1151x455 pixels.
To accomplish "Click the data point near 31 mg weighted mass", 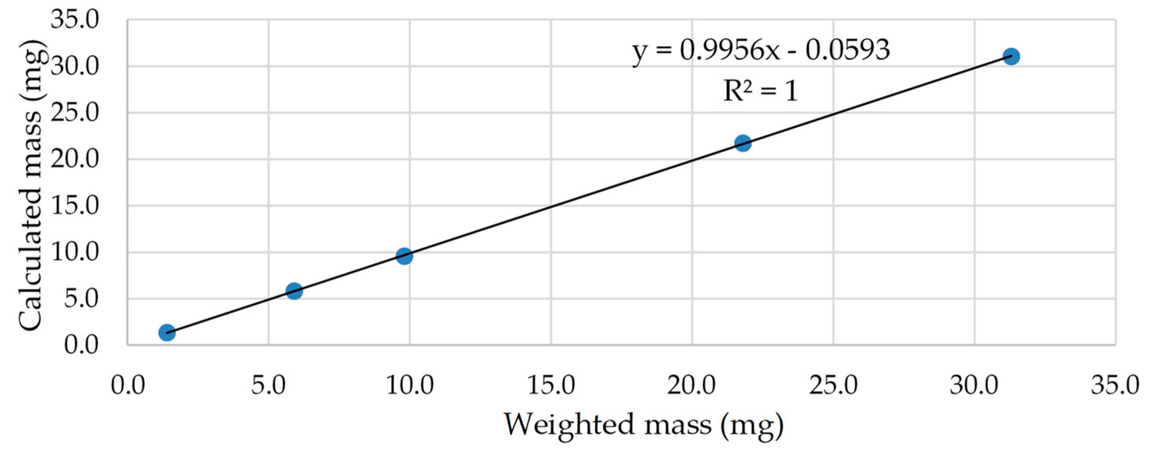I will (1011, 57).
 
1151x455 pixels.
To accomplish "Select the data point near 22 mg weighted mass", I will (743, 143).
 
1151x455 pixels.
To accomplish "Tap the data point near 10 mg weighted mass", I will (404, 256).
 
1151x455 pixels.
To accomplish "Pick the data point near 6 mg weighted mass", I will (294, 291).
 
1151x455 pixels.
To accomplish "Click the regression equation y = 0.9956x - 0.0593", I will (761, 50).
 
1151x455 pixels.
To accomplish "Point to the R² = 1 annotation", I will (760, 91).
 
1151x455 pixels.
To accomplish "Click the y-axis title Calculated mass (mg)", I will (30, 185).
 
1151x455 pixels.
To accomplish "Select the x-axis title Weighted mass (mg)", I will (644, 425).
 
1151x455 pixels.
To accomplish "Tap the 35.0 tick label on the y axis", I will (75, 20).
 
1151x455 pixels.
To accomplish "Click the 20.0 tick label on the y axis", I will (75, 159).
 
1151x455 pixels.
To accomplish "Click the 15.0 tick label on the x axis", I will (551, 385).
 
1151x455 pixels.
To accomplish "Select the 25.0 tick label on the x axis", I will (833, 385).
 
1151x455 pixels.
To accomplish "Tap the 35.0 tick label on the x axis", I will (1115, 385).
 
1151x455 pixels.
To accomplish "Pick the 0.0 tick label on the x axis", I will (128, 385).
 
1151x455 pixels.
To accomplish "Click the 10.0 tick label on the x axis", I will (410, 385).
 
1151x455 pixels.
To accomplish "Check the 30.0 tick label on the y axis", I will (75, 67).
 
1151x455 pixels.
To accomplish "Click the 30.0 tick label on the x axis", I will (974, 385).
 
